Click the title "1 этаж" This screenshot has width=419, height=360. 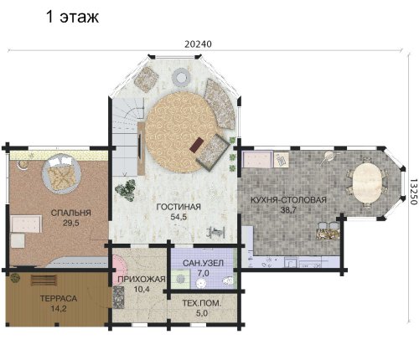pyautogui.click(x=72, y=17)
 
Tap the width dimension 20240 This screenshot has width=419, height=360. pyautogui.click(x=198, y=44)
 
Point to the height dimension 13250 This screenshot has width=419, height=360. pyautogui.click(x=414, y=192)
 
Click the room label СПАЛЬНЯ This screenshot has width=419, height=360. pyautogui.click(x=71, y=213)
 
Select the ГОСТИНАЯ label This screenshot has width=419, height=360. pyautogui.click(x=178, y=207)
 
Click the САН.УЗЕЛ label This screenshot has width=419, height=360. pyautogui.click(x=203, y=263)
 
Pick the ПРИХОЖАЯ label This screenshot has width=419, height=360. pyautogui.click(x=142, y=279)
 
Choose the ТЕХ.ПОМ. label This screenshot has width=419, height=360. pyautogui.click(x=202, y=303)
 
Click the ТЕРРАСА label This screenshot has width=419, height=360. pyautogui.click(x=59, y=298)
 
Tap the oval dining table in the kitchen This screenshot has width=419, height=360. pyautogui.click(x=367, y=183)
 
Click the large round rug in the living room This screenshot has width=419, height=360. pyautogui.click(x=182, y=132)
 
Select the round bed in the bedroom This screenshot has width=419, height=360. pyautogui.click(x=61, y=173)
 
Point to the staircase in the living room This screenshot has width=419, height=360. pyautogui.click(x=128, y=136)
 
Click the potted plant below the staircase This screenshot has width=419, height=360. pyautogui.click(x=126, y=190)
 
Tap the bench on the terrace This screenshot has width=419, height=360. pyautogui.click(x=44, y=280)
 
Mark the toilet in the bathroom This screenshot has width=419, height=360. pyautogui.click(x=229, y=280)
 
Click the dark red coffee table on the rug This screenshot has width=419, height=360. pyautogui.click(x=197, y=145)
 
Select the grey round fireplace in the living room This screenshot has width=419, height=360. pyautogui.click(x=181, y=76)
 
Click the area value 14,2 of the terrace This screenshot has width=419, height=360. pyautogui.click(x=59, y=309)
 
